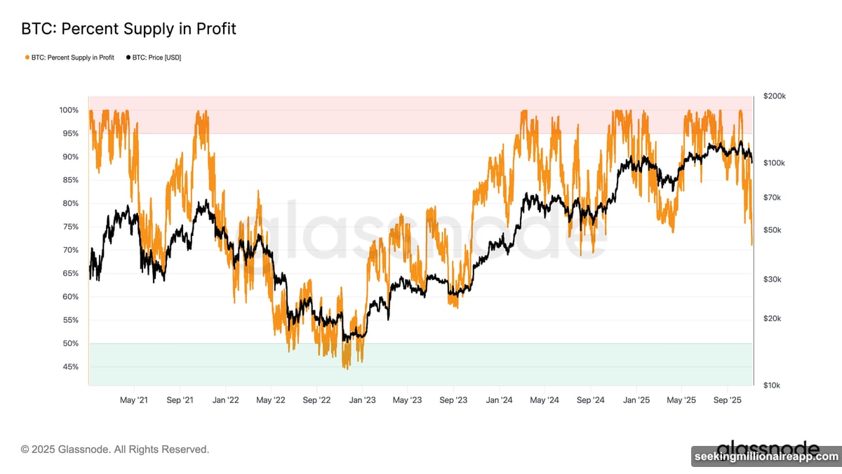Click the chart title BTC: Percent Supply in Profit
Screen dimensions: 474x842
tap(128, 29)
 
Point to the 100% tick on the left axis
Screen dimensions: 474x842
tap(69, 110)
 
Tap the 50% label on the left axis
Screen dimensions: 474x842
tap(70, 343)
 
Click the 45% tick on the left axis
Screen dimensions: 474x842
tap(70, 367)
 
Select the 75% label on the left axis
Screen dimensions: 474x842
tap(70, 227)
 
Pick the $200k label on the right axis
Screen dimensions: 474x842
tap(775, 96)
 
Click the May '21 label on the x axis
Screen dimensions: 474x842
tap(133, 400)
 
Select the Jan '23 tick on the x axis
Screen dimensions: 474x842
tap(362, 400)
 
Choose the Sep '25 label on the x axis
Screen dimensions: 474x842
tap(727, 400)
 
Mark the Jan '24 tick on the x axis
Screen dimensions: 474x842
tap(498, 400)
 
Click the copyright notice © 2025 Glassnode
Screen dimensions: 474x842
tap(115, 449)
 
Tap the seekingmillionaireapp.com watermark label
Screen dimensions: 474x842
tap(766, 457)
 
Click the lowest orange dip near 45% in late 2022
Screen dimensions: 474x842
tap(346, 368)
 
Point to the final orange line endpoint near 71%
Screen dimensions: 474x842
tap(752, 245)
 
